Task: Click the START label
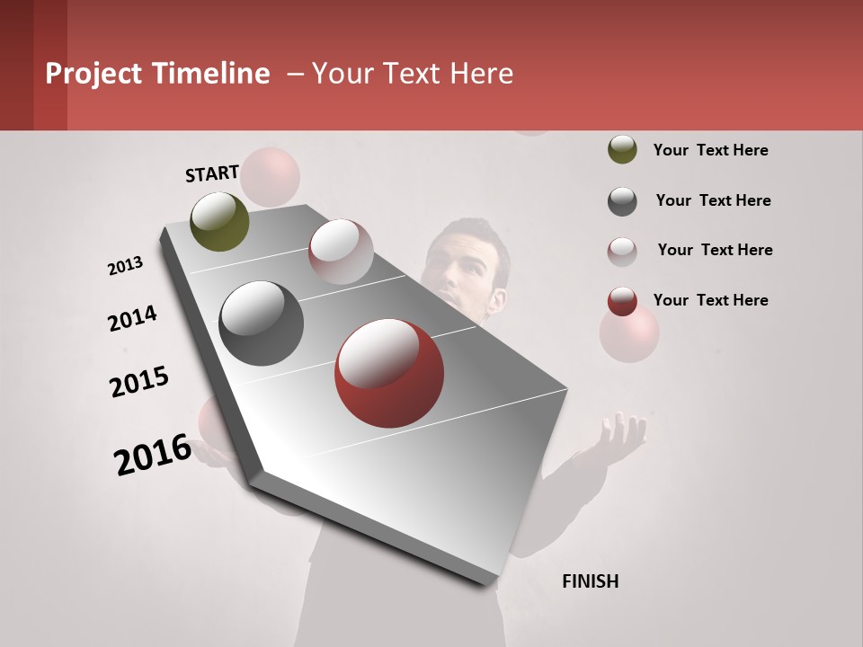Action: pos(212,173)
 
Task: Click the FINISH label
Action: pos(590,581)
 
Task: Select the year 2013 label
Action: pos(125,266)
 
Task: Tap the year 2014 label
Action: pos(132,318)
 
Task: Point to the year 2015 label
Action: pos(139,382)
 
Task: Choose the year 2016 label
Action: pos(153,454)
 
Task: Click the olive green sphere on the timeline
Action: pos(219,221)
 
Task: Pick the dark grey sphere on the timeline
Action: pos(261,323)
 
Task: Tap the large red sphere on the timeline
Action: pos(388,373)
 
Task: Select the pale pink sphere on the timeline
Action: pos(340,252)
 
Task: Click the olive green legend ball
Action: pos(622,149)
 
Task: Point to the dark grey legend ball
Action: pos(622,201)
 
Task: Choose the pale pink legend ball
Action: pos(622,252)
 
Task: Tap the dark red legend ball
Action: pos(622,301)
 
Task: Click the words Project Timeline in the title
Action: pos(157,74)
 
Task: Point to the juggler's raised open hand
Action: pos(620,439)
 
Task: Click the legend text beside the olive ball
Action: pos(710,150)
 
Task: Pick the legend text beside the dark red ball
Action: pos(710,300)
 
